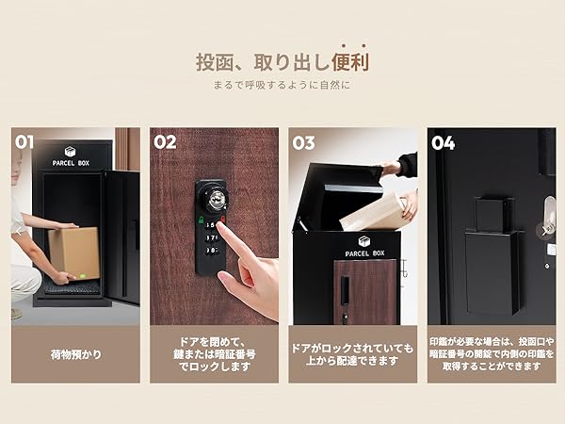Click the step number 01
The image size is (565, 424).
25,142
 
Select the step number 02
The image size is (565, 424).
165,142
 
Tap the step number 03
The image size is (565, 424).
303,143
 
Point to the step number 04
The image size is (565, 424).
443,143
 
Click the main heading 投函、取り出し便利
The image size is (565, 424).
282,63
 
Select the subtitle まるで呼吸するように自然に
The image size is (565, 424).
282,86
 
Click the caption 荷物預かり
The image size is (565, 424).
74,355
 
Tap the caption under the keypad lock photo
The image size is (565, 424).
214,355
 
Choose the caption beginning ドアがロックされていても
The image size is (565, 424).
352,355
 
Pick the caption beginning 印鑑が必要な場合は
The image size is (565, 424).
491,355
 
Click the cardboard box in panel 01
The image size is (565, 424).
73,253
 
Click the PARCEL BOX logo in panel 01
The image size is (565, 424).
71,157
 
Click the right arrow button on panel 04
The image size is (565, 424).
545,229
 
